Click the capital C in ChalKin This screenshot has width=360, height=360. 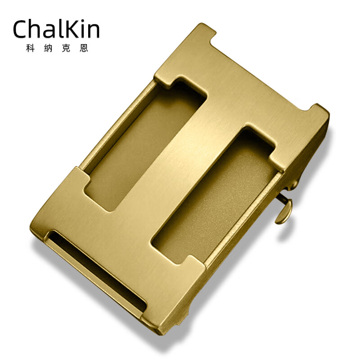(22, 30)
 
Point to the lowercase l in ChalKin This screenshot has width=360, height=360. (66, 28)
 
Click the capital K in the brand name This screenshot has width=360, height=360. (76, 29)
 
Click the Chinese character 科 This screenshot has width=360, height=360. (31, 48)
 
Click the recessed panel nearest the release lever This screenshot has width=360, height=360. (211, 198)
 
